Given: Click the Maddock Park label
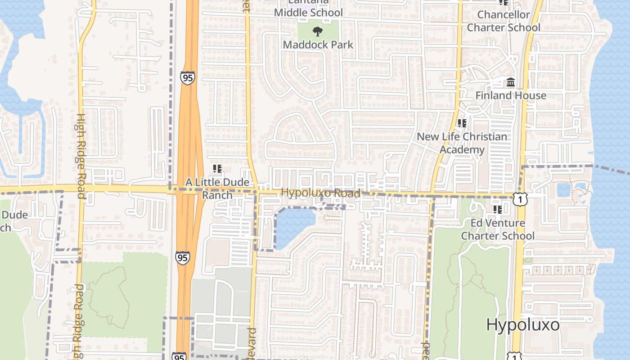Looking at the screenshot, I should pyautogui.click(x=318, y=45).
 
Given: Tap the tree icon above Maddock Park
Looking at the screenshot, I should pyautogui.click(x=318, y=31).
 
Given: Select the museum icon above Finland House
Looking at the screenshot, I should pyautogui.click(x=511, y=82).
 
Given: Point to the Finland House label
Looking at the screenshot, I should pyautogui.click(x=511, y=95).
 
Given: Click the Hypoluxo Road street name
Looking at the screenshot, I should pyautogui.click(x=320, y=193).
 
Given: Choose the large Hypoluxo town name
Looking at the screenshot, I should pyautogui.click(x=523, y=324).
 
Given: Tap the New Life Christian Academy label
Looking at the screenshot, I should pyautogui.click(x=462, y=143).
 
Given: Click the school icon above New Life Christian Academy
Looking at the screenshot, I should pyautogui.click(x=462, y=123).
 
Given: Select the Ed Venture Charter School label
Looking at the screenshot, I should pyautogui.click(x=498, y=229).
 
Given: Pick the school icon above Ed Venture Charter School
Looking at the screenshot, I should pyautogui.click(x=497, y=209).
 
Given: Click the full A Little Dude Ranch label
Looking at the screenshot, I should pyautogui.click(x=217, y=189).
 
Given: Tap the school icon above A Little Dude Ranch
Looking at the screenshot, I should pyautogui.click(x=217, y=169).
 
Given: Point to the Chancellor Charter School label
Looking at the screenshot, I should pyautogui.click(x=504, y=21).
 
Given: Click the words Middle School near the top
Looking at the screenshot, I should pyautogui.click(x=309, y=13).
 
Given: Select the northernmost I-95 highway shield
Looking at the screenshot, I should pyautogui.click(x=188, y=77).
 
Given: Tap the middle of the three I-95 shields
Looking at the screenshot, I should pyautogui.click(x=183, y=258).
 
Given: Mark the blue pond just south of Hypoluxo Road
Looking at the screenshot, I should pyautogui.click(x=294, y=225).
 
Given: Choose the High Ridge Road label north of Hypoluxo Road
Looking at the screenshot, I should pyautogui.click(x=81, y=156).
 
